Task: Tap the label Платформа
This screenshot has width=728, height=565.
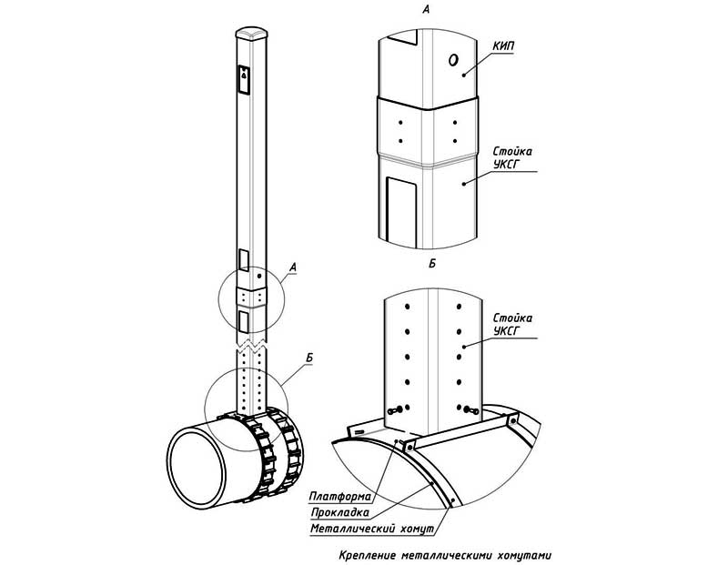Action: pos(339,497)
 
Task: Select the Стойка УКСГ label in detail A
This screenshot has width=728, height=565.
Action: pos(511,156)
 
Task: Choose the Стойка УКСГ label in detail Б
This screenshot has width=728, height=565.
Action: pos(511,326)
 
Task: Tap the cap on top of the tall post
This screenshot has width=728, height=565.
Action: pos(249,33)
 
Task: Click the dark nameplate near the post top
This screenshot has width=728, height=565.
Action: pos(244,79)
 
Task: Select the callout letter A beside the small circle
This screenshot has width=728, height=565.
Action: pos(292,267)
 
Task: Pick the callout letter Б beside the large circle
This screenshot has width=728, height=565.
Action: pos(309,360)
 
